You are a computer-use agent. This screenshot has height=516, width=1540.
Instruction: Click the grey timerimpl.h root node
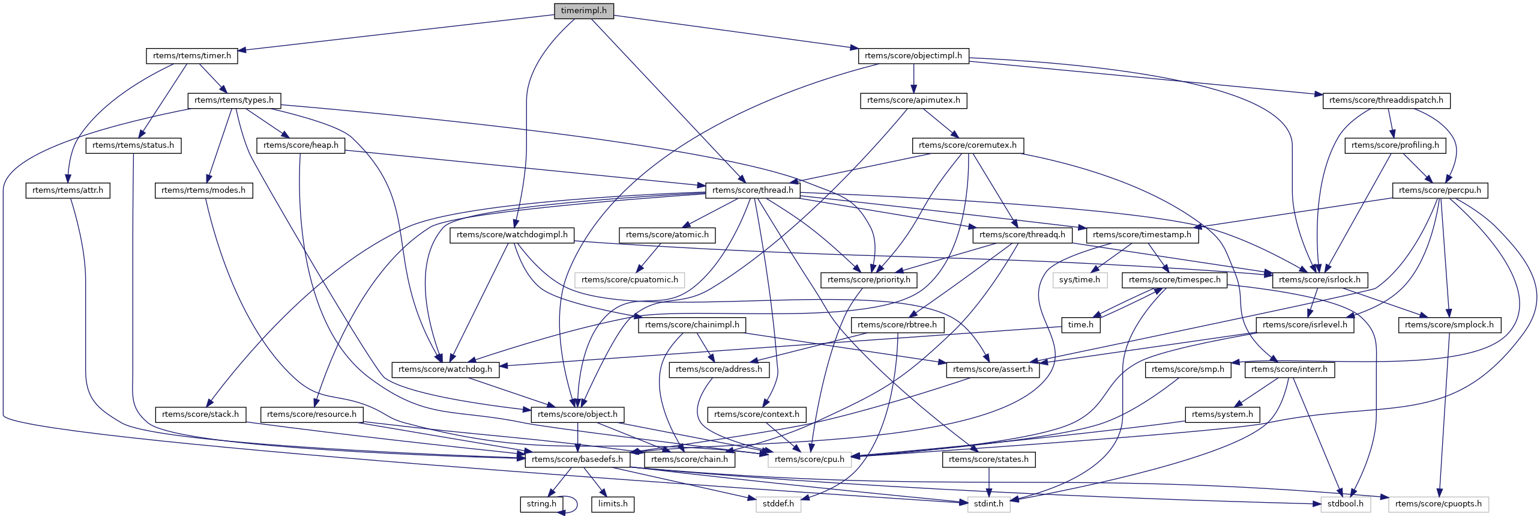583,11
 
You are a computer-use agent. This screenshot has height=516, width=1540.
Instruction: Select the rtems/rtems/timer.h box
191,56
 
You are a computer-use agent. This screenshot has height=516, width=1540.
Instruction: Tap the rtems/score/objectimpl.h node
913,56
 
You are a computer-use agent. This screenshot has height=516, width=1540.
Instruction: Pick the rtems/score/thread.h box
752,190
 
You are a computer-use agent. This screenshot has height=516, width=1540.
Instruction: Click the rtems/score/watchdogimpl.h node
512,235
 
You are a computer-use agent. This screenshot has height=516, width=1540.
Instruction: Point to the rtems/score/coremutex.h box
967,145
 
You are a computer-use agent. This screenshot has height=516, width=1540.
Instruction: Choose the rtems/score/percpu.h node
1439,190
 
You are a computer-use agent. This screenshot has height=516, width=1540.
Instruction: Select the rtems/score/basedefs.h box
577,460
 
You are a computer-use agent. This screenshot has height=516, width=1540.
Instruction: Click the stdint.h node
988,504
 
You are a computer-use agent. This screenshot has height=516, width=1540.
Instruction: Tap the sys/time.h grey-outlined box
1079,280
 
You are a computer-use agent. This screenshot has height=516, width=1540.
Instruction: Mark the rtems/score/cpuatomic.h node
630,280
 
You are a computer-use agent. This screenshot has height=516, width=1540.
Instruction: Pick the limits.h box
613,504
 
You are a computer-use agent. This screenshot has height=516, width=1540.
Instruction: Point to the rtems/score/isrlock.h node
1320,280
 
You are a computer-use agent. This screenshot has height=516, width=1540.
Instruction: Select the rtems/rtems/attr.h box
68,190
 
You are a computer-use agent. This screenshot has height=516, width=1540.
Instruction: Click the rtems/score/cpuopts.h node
1438,504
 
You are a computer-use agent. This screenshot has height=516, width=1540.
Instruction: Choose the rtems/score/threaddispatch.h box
1386,100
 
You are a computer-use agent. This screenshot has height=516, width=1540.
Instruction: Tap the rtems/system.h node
1222,414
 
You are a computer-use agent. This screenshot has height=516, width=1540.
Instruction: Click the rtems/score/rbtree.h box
897,325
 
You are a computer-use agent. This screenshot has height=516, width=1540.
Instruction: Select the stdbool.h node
1345,504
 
